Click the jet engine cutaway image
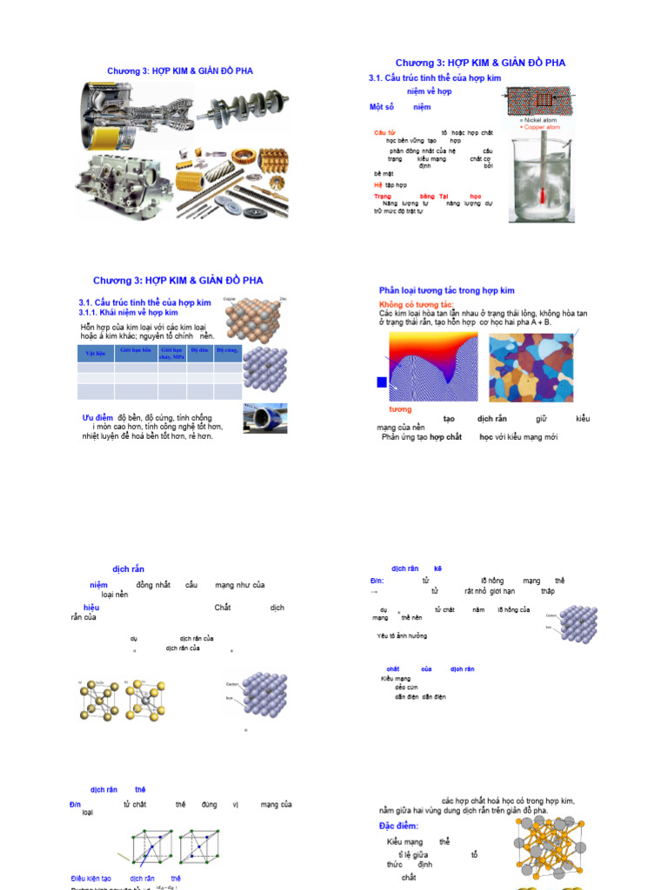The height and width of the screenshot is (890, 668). point(130,117)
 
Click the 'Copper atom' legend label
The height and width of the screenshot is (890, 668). point(541,127)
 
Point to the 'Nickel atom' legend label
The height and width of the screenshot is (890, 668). point(539,120)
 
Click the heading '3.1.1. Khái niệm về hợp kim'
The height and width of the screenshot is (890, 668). point(128,312)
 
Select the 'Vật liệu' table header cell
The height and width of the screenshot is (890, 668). point(95,354)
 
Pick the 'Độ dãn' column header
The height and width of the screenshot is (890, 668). point(199,349)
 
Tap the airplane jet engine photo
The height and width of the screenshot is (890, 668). point(265,418)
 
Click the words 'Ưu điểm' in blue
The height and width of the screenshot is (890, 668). point(98,417)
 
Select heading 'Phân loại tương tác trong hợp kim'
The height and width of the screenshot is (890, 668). point(446,290)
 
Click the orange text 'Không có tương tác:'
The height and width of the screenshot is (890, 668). point(416,305)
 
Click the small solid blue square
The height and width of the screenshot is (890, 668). point(381,382)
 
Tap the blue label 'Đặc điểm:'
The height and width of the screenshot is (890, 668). point(398,826)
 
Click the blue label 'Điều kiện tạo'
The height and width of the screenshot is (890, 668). point(90,879)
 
